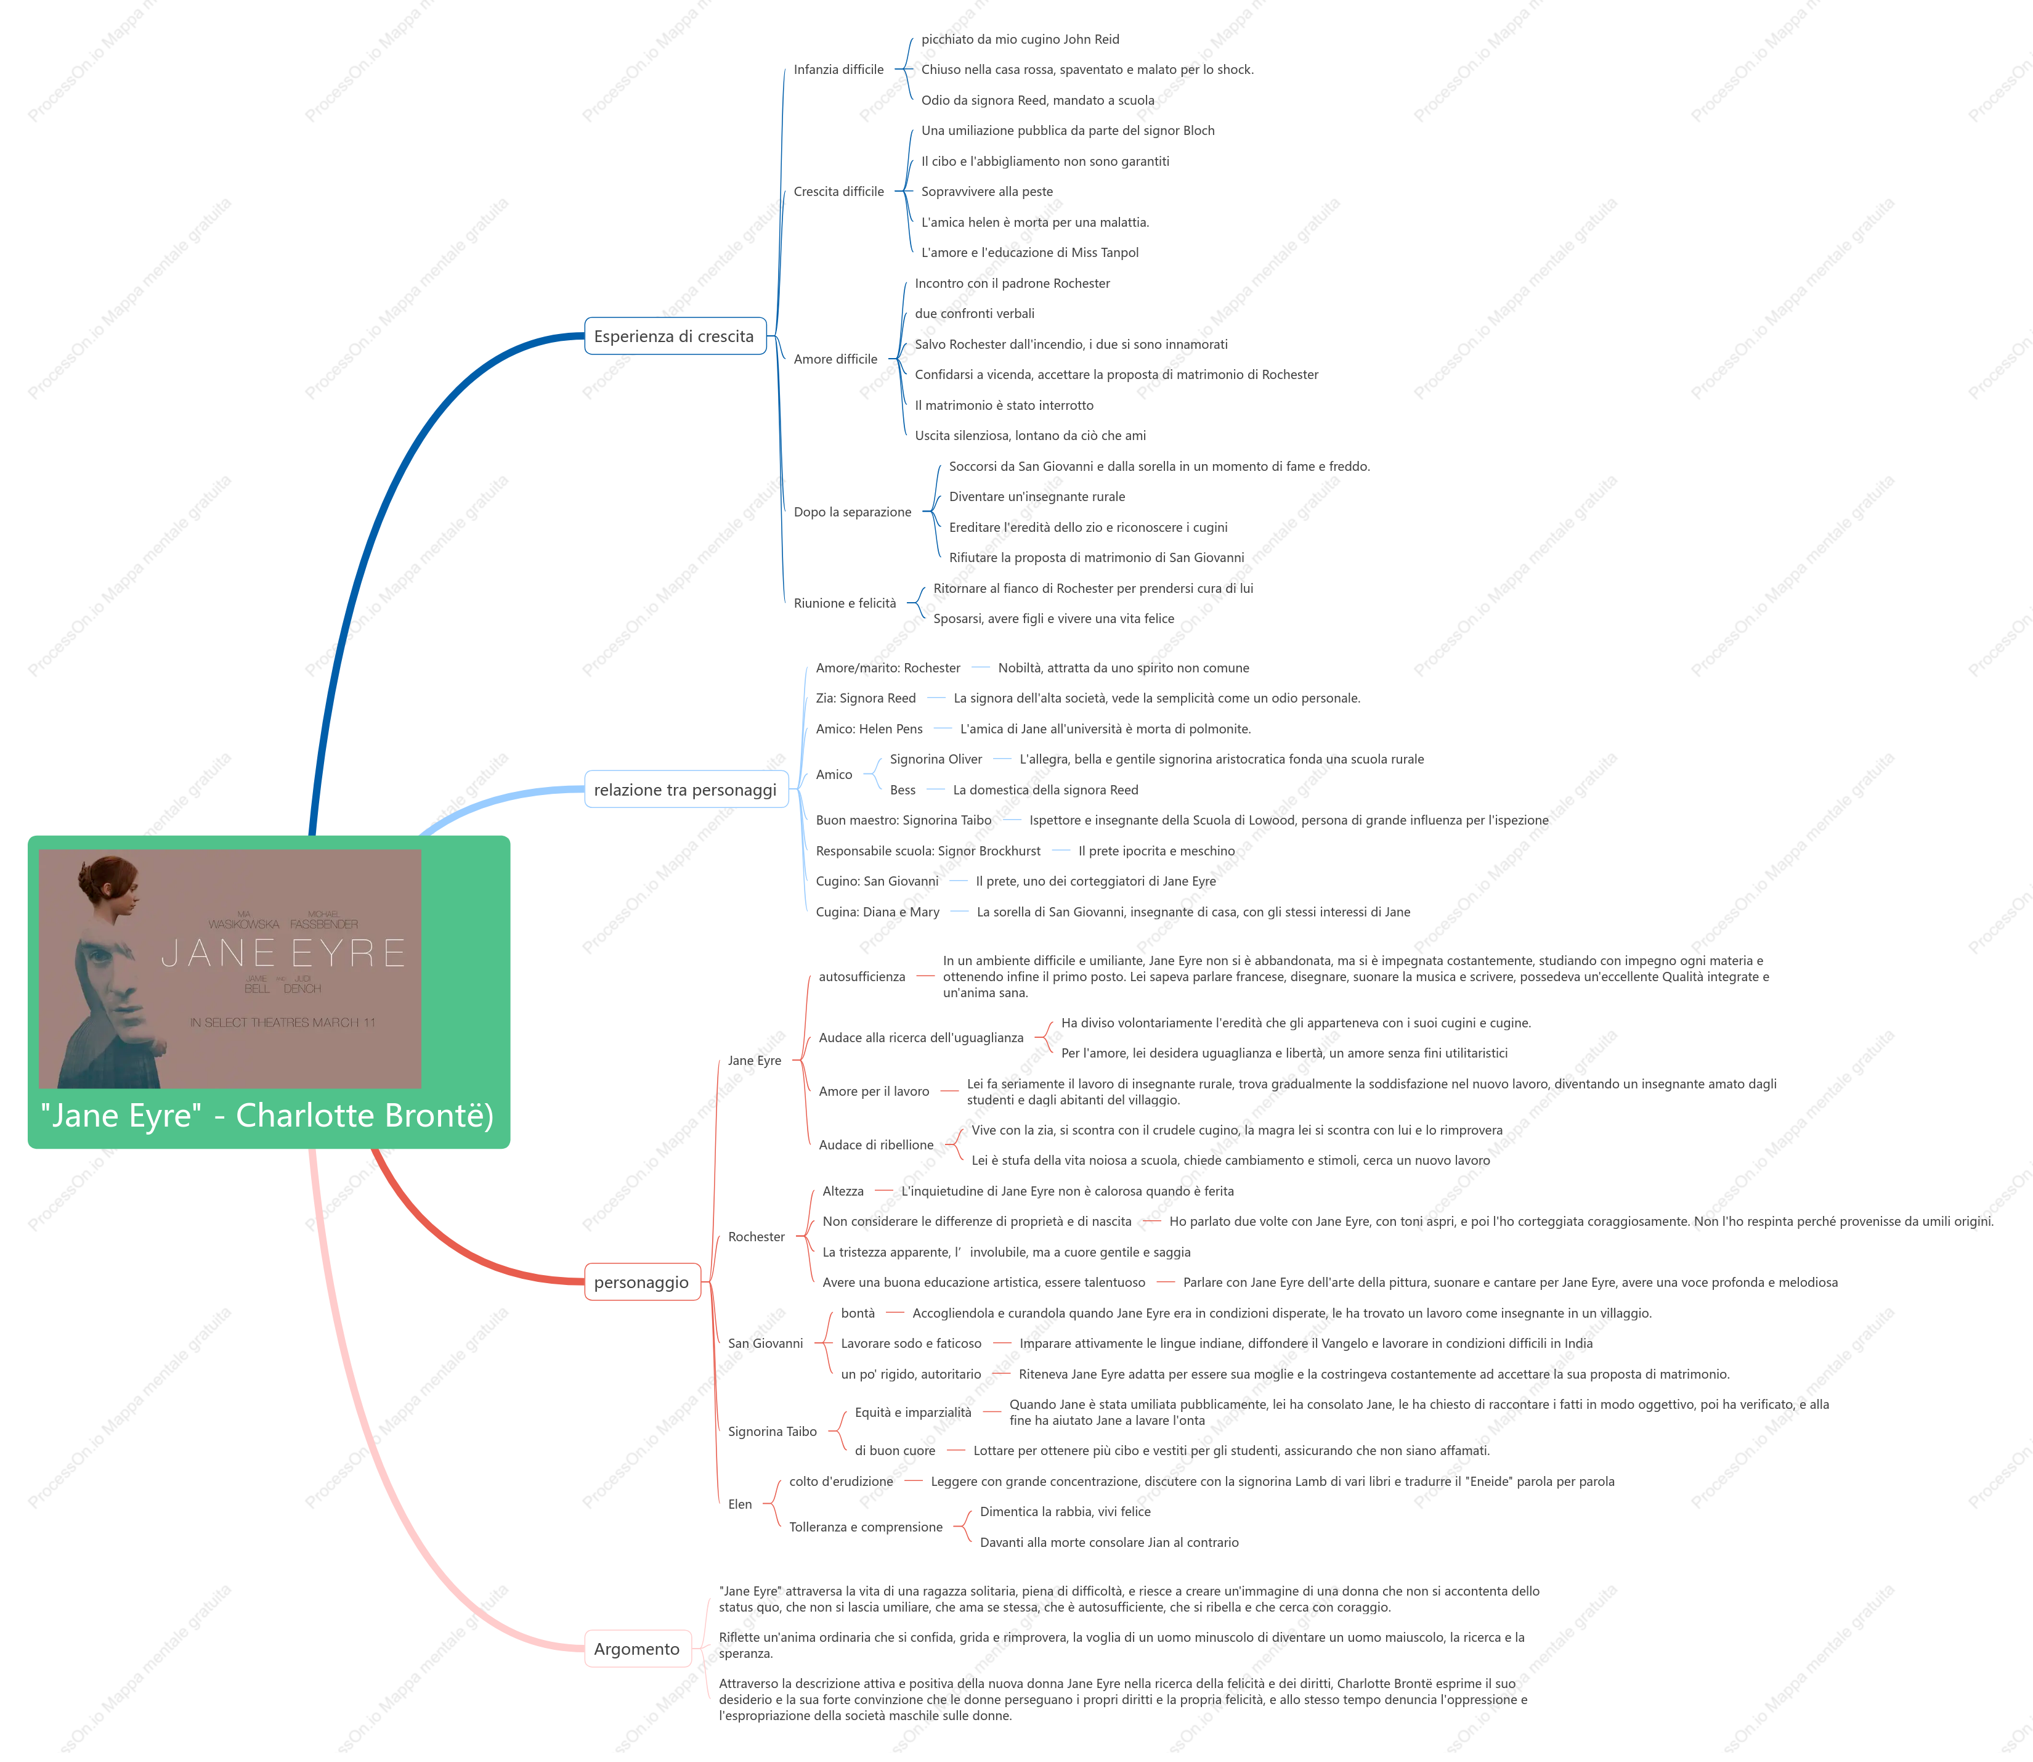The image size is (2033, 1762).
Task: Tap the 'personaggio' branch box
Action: (642, 1282)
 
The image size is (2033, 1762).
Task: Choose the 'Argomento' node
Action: (637, 1649)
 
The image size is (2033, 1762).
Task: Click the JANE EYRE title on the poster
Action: (283, 953)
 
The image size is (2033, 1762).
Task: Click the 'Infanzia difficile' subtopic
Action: (838, 70)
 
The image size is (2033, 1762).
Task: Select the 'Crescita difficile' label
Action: (838, 192)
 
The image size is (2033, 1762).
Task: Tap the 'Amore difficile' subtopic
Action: (835, 359)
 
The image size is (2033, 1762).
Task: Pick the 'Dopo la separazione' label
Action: (853, 512)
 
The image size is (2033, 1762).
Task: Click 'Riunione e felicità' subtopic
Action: (845, 604)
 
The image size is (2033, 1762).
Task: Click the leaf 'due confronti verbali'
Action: (974, 314)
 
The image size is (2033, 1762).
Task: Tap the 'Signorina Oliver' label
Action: (936, 759)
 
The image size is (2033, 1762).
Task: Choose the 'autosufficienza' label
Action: (862, 976)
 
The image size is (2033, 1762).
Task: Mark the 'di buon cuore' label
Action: (895, 1450)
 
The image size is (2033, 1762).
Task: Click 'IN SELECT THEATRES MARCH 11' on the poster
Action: (283, 1022)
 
